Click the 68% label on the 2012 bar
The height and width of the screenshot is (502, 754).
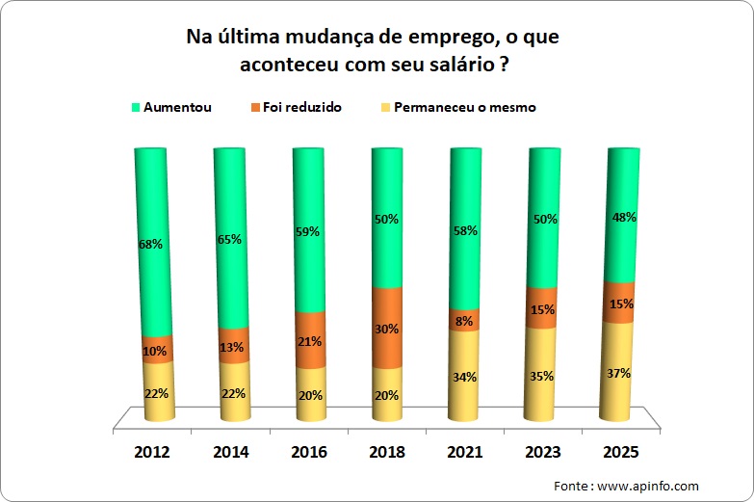[x=149, y=245]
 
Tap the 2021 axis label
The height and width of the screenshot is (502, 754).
[x=463, y=452]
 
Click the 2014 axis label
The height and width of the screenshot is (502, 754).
[x=232, y=452]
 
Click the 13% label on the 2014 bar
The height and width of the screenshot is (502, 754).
[x=232, y=347]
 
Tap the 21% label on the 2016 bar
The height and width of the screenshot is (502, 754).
[x=309, y=340]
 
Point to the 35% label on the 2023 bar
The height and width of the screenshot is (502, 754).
[x=540, y=376]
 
